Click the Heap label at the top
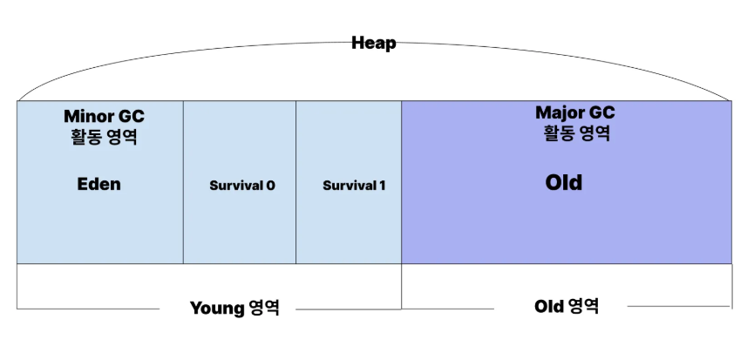(x=373, y=43)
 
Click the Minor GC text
(x=104, y=116)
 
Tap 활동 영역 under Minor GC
(x=104, y=137)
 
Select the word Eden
(x=98, y=184)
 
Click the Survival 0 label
(x=242, y=186)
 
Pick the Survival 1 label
(x=354, y=186)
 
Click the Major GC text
(x=574, y=113)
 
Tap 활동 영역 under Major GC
(x=574, y=134)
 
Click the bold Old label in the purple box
(x=563, y=183)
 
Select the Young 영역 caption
(x=234, y=308)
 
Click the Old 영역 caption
(x=567, y=306)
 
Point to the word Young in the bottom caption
(x=216, y=308)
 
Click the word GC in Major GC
(x=601, y=113)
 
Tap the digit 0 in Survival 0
(x=270, y=186)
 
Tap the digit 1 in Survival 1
(x=382, y=186)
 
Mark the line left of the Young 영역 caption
(x=87, y=308)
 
